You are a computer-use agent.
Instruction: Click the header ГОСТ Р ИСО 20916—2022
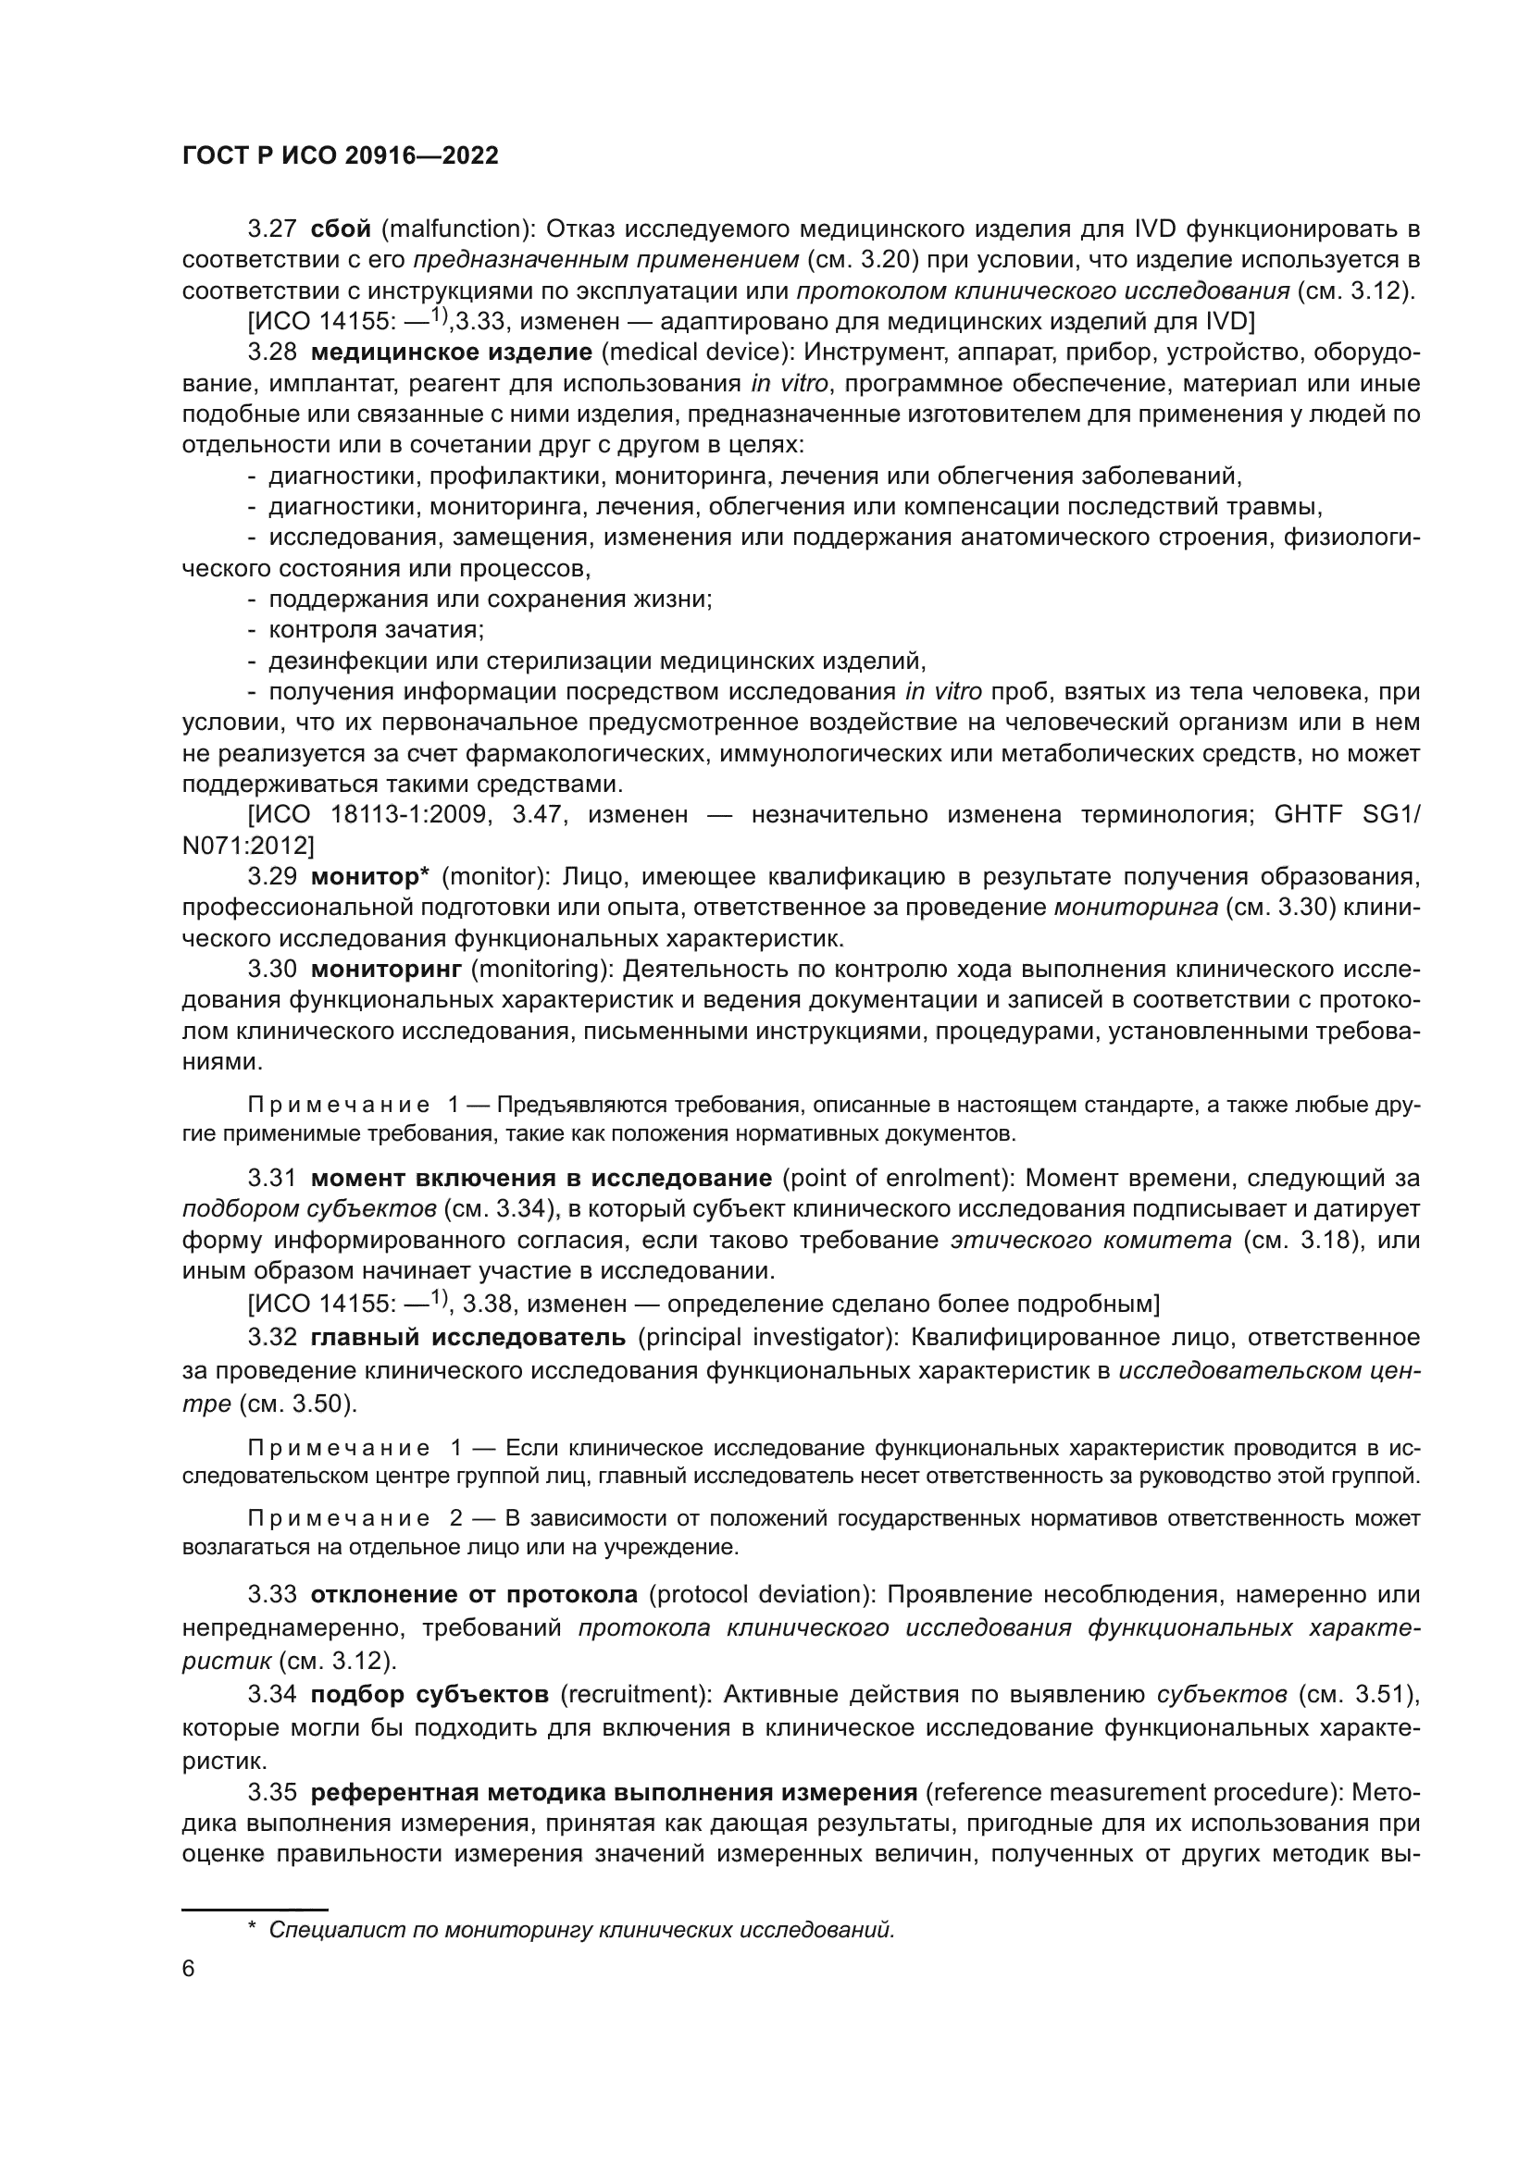pyautogui.click(x=340, y=156)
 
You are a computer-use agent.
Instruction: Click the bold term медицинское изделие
pyautogui.click(x=451, y=352)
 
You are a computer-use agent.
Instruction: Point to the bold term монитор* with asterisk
pyautogui.click(x=369, y=876)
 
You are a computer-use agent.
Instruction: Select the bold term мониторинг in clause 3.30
pyautogui.click(x=386, y=969)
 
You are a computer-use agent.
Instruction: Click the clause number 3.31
pyautogui.click(x=271, y=1178)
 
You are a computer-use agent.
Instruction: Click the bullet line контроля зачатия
pyautogui.click(x=375, y=630)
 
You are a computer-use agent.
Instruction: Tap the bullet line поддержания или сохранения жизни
pyautogui.click(x=490, y=600)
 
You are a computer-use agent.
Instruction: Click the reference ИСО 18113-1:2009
pyautogui.click(x=371, y=814)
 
